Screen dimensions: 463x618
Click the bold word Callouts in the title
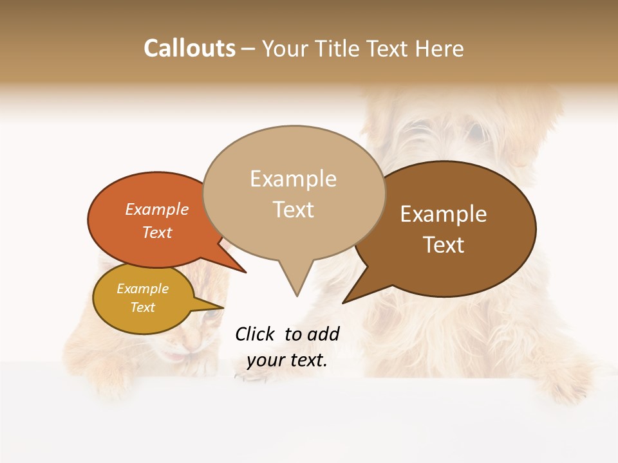[x=189, y=48]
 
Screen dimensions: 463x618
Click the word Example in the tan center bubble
[x=293, y=179]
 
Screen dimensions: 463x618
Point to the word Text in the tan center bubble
[x=293, y=210]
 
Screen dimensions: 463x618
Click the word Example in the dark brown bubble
[x=444, y=214]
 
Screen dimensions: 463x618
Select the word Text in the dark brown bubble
[x=444, y=245]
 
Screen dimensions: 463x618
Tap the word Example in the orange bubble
[x=157, y=209]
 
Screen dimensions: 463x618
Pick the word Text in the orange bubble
[x=157, y=232]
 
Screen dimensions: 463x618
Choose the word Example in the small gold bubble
[x=142, y=289]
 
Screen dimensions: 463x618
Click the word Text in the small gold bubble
[x=142, y=307]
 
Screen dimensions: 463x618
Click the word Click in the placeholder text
[x=256, y=334]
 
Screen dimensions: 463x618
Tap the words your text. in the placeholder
[x=287, y=360]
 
